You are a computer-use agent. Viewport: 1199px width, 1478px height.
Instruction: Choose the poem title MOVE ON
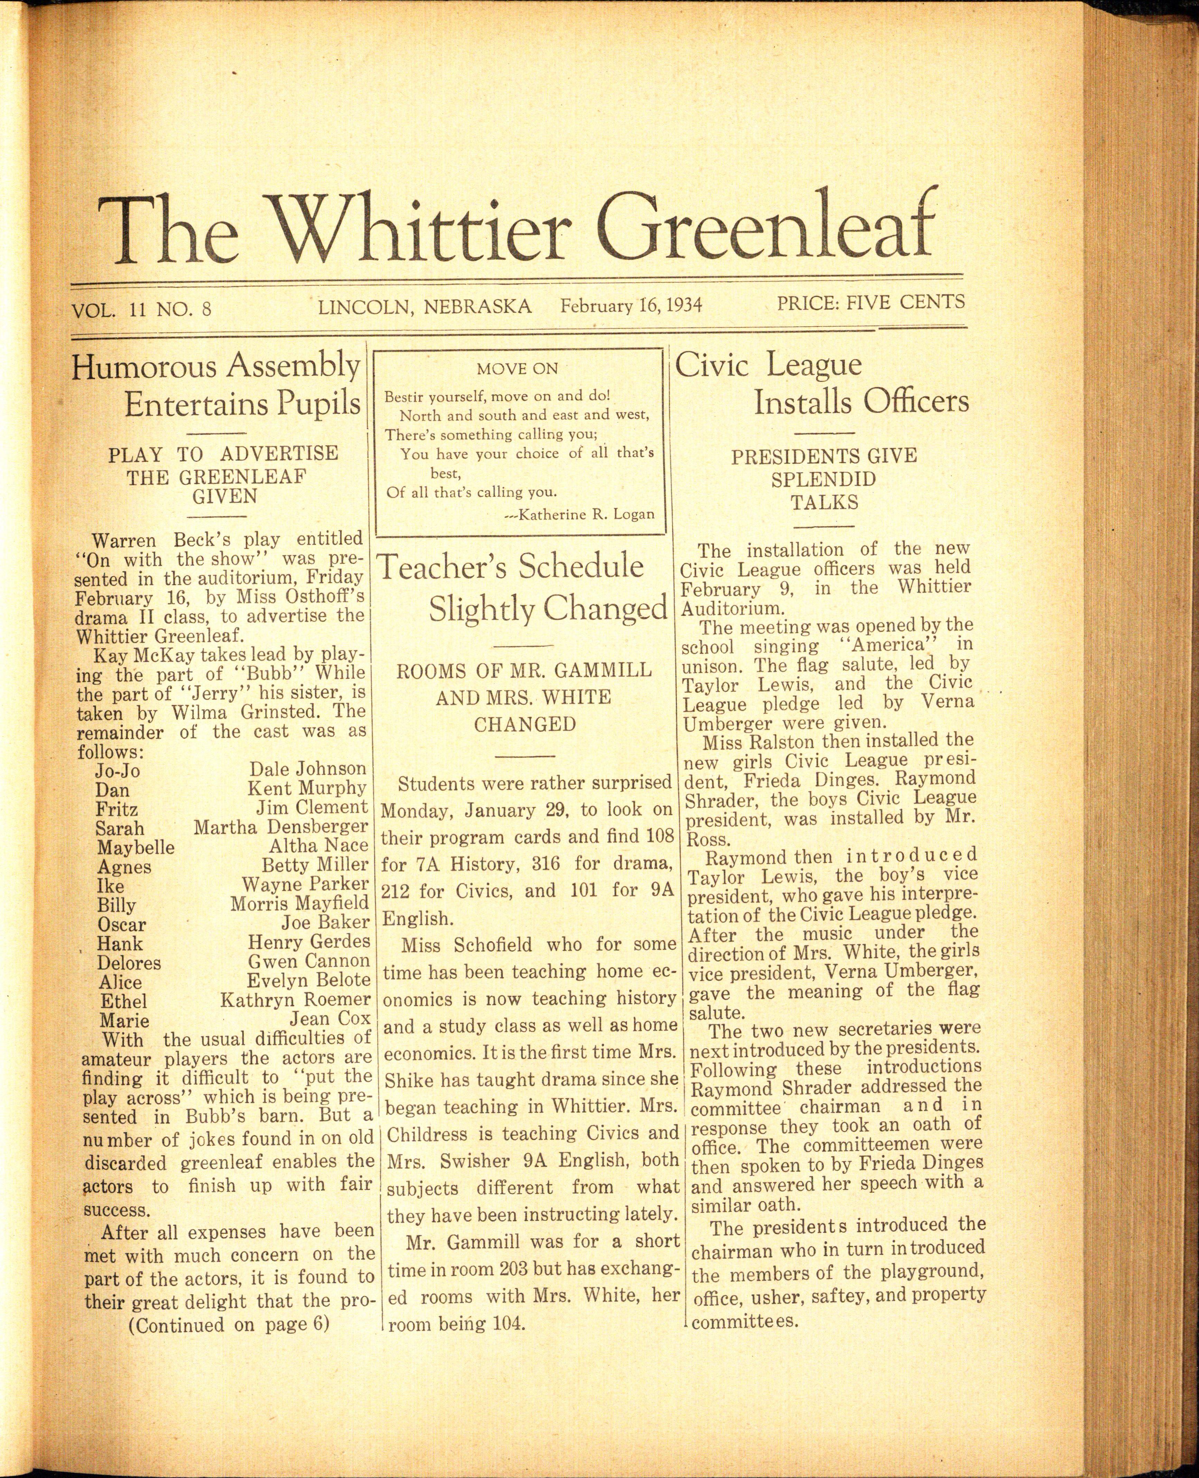pyautogui.click(x=517, y=369)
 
